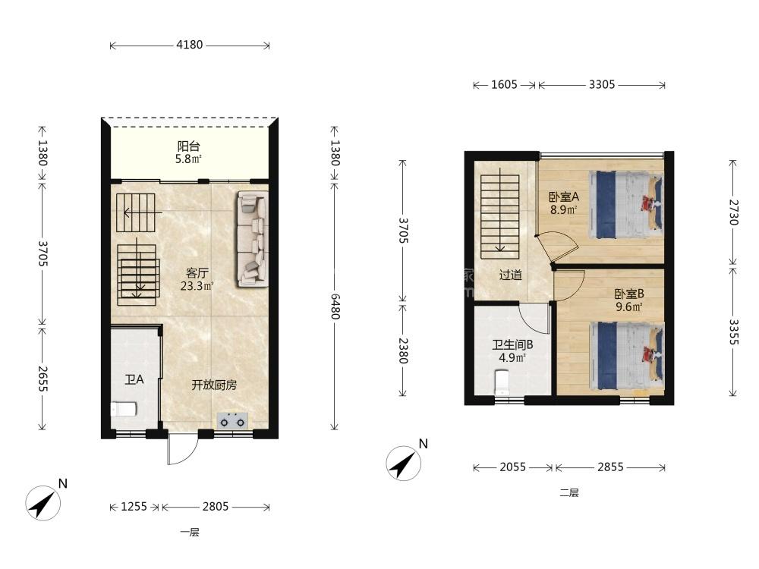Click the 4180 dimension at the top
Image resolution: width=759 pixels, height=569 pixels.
point(189,45)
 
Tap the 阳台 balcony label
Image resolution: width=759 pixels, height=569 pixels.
point(189,146)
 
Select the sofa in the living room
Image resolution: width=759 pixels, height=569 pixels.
point(252,239)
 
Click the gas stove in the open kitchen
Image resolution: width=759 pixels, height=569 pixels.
point(232,420)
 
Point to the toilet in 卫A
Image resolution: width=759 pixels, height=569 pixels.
point(124,410)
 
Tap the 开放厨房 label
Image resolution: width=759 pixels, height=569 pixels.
point(214,385)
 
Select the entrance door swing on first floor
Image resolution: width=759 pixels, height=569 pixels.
point(182,448)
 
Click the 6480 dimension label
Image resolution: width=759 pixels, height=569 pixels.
point(335,306)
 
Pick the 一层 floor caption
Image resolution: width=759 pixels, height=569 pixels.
point(190,533)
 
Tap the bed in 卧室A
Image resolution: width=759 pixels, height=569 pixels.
point(626,204)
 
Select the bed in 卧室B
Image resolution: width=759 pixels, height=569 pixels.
point(626,356)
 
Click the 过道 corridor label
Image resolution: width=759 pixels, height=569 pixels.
point(511,275)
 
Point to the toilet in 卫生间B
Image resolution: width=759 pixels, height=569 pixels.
point(502,382)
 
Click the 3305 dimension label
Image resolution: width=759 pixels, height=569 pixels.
point(602,85)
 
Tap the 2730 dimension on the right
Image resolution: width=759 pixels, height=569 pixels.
point(734,212)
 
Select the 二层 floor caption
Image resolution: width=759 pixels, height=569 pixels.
point(569,493)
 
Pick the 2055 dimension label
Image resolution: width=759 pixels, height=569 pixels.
point(512,467)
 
